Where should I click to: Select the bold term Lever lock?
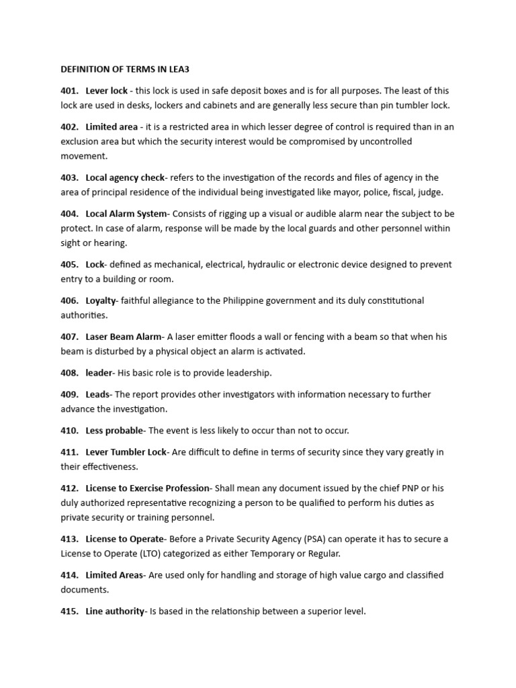[x=107, y=91]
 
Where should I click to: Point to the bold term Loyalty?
[x=101, y=301]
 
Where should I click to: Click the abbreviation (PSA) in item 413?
[x=318, y=539]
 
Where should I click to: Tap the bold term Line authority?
[x=115, y=611]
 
